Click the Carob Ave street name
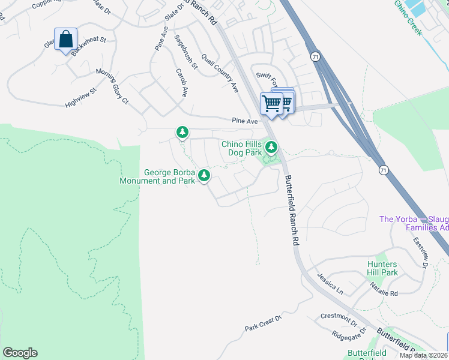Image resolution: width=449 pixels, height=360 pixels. tap(181, 83)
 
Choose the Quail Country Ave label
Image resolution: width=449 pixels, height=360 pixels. tap(220, 72)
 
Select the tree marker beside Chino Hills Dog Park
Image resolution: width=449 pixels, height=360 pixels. tap(272, 146)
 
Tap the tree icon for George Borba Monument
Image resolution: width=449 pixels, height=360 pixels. tap(205, 175)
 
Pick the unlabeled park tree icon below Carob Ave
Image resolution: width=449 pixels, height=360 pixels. tap(182, 131)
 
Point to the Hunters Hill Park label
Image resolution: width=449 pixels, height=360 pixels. tap(382, 268)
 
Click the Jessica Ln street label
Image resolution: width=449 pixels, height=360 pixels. tap(331, 286)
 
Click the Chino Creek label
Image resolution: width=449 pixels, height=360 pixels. tap(408, 16)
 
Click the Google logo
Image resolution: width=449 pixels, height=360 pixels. tap(20, 353)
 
